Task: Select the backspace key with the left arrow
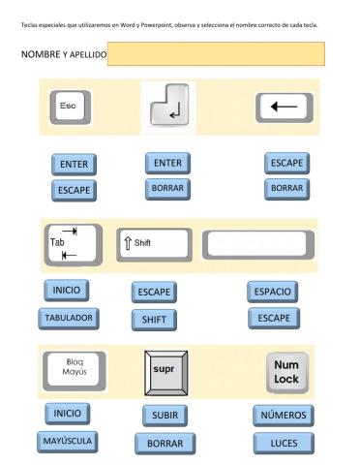pyautogui.click(x=285, y=107)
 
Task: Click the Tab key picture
pyautogui.click(x=72, y=243)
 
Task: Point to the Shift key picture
pyautogui.click(x=153, y=242)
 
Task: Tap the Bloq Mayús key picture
pyautogui.click(x=75, y=368)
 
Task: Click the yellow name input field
pyautogui.click(x=215, y=54)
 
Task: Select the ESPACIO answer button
pyautogui.click(x=272, y=291)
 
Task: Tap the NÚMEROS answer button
pyautogui.click(x=284, y=416)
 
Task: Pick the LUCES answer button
pyautogui.click(x=284, y=443)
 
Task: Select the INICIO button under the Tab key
pyautogui.click(x=67, y=290)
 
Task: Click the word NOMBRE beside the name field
pyautogui.click(x=41, y=55)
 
